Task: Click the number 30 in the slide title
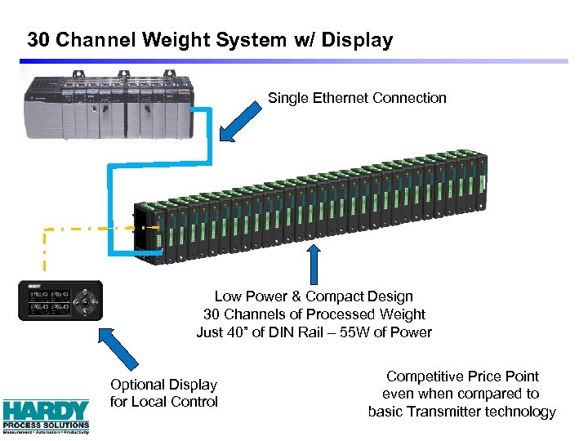[38, 39]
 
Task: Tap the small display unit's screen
[50, 301]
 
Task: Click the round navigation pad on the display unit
[85, 301]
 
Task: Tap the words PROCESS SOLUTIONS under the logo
[46, 425]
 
